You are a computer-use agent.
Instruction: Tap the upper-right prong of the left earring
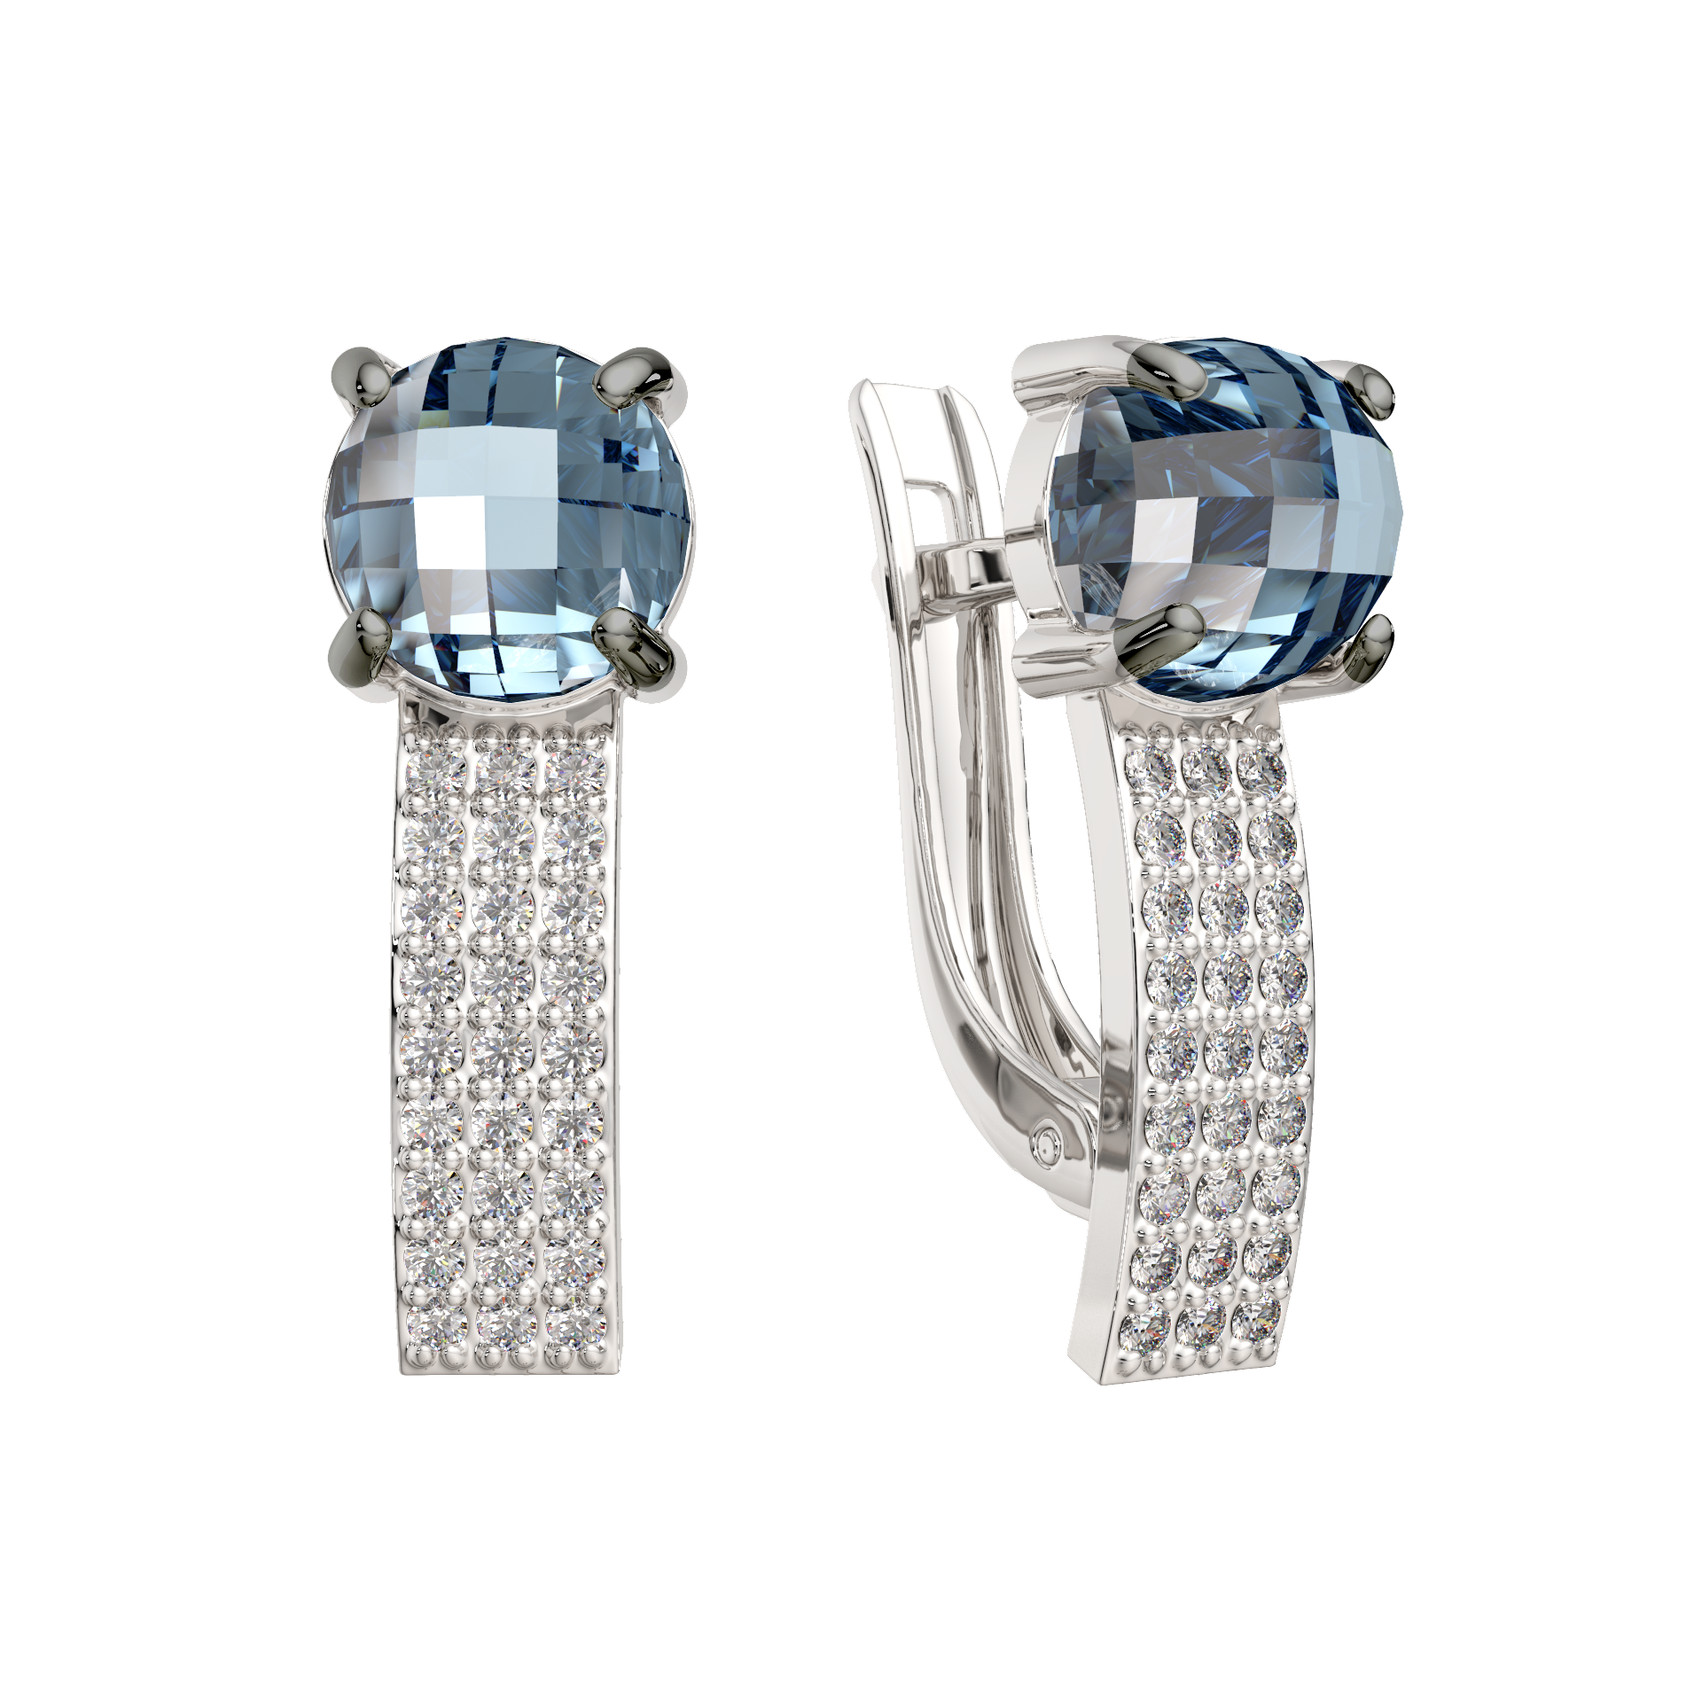tap(635, 375)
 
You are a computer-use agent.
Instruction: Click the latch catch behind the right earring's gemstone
tap(975, 567)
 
